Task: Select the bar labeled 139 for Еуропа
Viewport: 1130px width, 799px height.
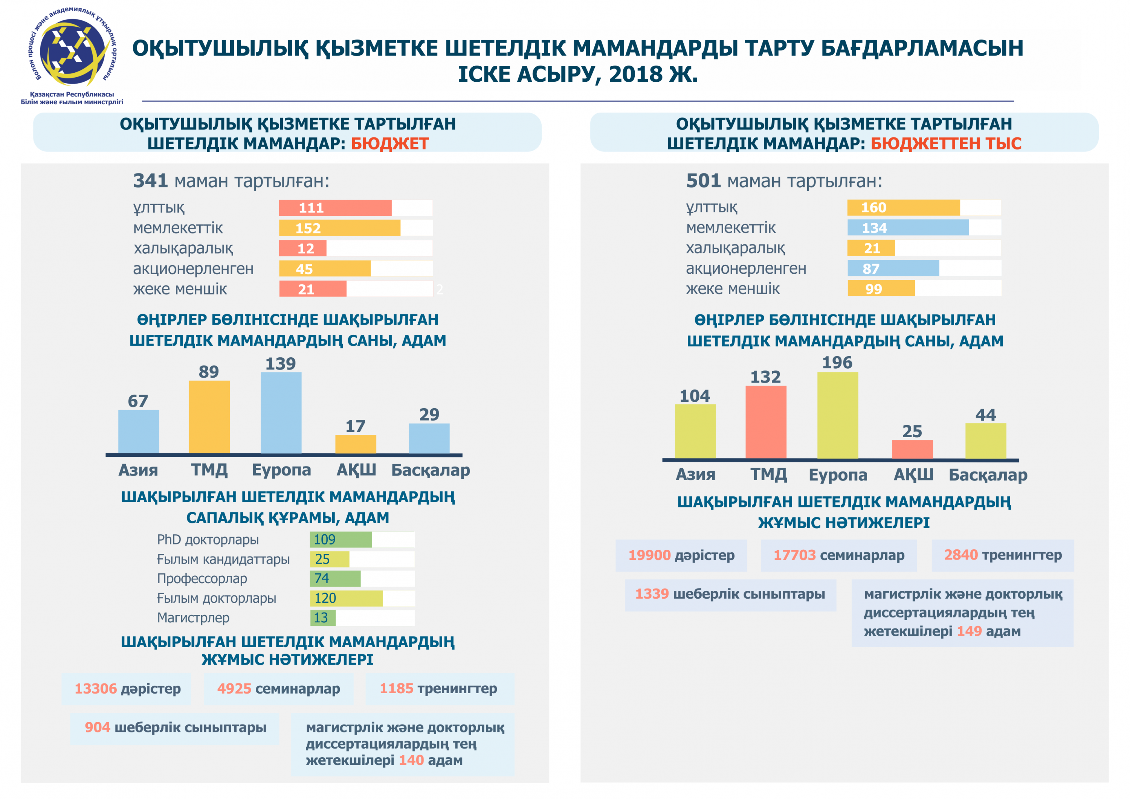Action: (x=281, y=412)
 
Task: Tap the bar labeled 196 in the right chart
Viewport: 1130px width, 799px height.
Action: (x=838, y=415)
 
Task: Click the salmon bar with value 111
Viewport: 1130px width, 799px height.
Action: (x=335, y=207)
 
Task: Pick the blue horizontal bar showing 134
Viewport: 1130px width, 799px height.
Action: (x=908, y=228)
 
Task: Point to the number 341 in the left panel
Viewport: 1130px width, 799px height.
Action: (x=151, y=181)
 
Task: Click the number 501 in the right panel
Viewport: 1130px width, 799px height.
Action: (x=703, y=181)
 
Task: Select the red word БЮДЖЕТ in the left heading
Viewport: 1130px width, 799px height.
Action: (x=390, y=144)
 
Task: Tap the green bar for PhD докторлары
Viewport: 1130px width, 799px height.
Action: (x=341, y=540)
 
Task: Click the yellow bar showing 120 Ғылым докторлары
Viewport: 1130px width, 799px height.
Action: (x=346, y=598)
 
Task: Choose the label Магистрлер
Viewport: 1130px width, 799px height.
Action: (x=193, y=618)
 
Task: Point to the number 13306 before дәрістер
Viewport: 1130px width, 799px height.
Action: (x=95, y=688)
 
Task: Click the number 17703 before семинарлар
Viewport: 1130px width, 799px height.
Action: (x=794, y=555)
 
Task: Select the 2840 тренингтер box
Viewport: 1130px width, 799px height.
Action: (x=1003, y=555)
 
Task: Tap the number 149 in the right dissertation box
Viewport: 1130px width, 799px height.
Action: (x=969, y=631)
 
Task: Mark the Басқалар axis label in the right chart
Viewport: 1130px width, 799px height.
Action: (x=988, y=475)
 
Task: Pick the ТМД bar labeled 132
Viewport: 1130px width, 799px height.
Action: (x=766, y=422)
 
